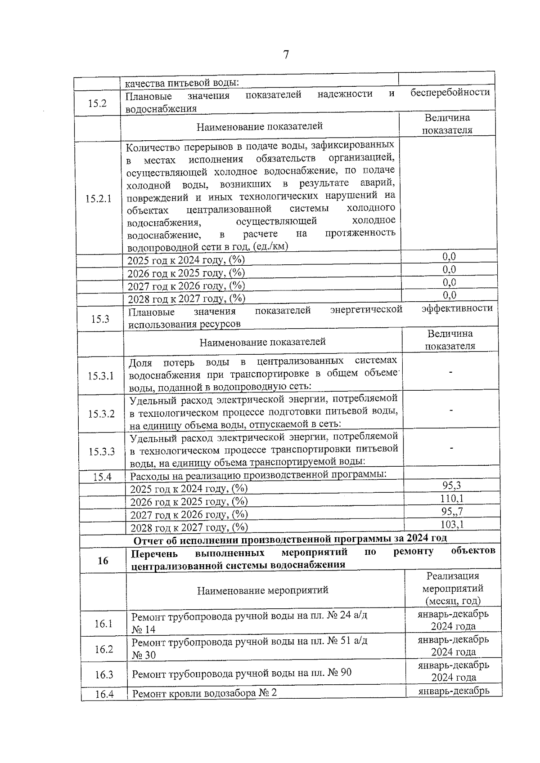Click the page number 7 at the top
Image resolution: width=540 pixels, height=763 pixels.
point(286,55)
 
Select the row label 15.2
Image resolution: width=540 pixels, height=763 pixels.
point(97,103)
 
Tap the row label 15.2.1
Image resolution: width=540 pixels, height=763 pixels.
point(99,199)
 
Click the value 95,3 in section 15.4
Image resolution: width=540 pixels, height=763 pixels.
point(451,485)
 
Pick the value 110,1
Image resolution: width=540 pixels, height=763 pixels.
point(451,498)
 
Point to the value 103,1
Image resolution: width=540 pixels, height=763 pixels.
point(452,524)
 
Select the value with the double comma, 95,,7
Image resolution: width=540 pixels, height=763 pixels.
point(452,511)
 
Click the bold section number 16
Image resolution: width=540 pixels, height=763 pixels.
point(103,561)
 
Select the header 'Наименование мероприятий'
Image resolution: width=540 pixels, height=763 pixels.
point(263,590)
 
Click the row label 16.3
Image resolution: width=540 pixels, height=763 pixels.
point(104,675)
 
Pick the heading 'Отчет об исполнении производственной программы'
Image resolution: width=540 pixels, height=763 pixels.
point(290,539)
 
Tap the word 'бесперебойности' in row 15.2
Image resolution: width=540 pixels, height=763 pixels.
point(450,93)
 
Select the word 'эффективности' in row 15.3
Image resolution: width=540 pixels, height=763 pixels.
point(457,308)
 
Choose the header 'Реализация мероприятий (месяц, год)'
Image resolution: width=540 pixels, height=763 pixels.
point(453,588)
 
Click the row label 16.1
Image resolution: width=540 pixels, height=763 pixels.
point(103,624)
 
